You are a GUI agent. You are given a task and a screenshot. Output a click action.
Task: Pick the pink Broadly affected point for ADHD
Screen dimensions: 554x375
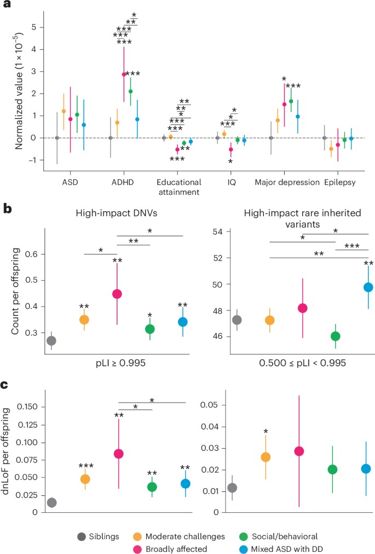124,74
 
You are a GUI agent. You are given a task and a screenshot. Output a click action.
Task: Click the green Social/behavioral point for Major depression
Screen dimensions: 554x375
291,101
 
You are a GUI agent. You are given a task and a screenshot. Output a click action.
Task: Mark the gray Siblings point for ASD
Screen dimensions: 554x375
57,138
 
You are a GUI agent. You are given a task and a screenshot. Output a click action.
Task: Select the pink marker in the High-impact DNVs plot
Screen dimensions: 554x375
117,293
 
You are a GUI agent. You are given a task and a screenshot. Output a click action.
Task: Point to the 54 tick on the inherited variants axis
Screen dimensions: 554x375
218,231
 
